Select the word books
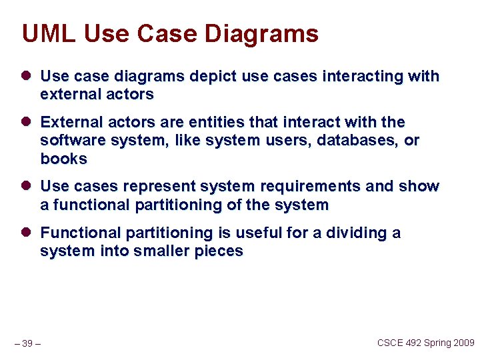pyautogui.click(x=64, y=159)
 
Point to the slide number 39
pyautogui.click(x=27, y=343)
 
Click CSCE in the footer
pyautogui.click(x=391, y=343)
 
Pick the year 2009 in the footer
pyautogui.click(x=463, y=343)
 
